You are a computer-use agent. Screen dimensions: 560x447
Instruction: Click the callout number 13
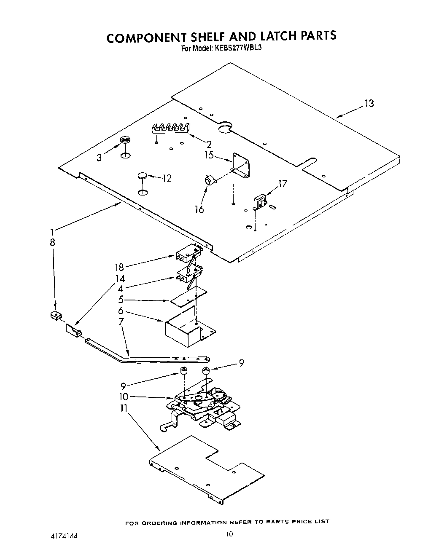(369, 104)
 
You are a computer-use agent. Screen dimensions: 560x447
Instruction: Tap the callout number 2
(209, 144)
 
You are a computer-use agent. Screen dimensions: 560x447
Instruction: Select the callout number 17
(282, 184)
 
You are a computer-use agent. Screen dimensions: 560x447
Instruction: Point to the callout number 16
(199, 209)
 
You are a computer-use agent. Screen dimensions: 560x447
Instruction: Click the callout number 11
(124, 408)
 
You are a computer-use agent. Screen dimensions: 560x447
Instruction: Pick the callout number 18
(119, 267)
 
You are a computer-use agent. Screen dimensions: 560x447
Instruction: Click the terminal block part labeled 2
(170, 127)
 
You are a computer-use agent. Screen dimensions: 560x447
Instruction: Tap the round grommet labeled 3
(125, 140)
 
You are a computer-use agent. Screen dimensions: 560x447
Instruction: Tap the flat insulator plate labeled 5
(188, 297)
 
